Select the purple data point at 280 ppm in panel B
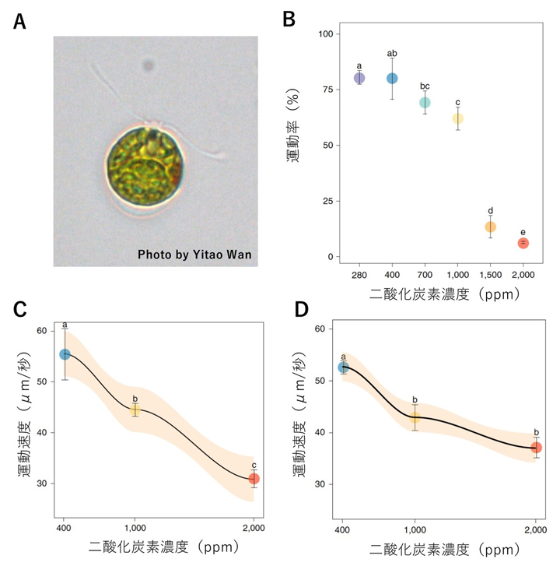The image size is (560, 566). pos(359,78)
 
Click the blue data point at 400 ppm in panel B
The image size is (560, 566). pos(392,79)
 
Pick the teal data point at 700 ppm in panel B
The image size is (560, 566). pos(425,103)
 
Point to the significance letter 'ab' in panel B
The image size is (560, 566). pos(392,54)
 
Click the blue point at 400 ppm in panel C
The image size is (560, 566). pos(65,354)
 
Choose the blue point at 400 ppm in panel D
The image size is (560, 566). pos(343,367)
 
